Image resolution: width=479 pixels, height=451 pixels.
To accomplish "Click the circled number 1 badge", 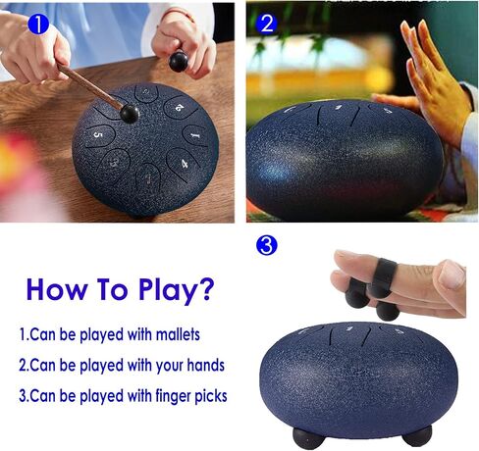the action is [x=38, y=24].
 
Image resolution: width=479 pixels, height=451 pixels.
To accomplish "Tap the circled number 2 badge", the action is [x=267, y=24].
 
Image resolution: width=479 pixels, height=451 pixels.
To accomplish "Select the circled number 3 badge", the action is [x=266, y=246].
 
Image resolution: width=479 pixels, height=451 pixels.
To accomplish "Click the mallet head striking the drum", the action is [x=130, y=113].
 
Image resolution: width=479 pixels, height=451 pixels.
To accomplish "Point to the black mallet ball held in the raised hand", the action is [x=179, y=61].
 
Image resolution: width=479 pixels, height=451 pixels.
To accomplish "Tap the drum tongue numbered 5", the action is [x=100, y=135].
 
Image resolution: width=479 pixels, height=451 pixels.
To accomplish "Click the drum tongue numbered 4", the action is [x=182, y=164].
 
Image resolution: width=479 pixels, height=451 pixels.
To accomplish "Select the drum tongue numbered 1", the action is [x=195, y=135].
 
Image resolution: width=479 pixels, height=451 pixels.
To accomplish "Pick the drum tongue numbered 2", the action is [x=180, y=107].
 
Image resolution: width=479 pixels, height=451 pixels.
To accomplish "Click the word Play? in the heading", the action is [x=177, y=290].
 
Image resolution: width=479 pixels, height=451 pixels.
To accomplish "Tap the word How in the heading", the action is [x=57, y=289].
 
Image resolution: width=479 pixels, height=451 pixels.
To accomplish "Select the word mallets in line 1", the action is [x=178, y=334].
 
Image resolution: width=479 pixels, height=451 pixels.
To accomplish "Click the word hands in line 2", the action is [x=205, y=365].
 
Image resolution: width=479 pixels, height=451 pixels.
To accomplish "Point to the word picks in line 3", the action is [x=211, y=396].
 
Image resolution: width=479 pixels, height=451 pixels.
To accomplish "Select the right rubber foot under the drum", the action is [x=416, y=434].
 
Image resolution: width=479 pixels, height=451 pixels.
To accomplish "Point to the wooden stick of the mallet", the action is [x=89, y=86].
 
